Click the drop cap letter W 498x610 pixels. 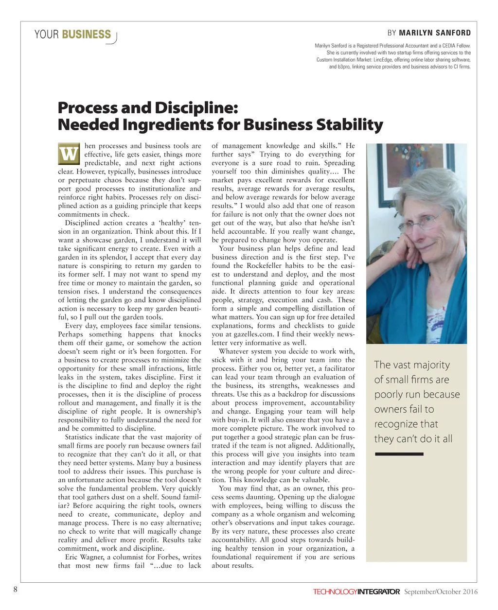(69, 154)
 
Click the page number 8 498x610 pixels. (15, 590)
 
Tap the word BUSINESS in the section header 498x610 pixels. (87, 35)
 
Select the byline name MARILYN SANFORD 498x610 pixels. (435, 33)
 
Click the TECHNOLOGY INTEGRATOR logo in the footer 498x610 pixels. (356, 592)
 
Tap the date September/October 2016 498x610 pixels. (441, 592)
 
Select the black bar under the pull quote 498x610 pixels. (399, 454)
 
